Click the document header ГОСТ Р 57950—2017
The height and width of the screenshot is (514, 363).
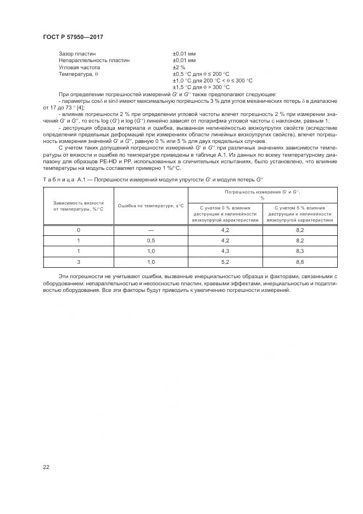click(x=72, y=37)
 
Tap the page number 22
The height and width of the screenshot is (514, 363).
click(x=46, y=467)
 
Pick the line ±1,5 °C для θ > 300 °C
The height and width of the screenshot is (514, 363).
click(x=201, y=87)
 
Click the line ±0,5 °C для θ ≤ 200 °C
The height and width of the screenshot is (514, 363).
click(x=201, y=74)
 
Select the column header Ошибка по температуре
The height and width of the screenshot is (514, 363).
click(x=150, y=206)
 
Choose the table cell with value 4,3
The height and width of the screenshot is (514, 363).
click(x=225, y=251)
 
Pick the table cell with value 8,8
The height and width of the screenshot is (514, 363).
click(x=300, y=261)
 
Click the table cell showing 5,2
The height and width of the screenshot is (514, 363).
click(x=225, y=261)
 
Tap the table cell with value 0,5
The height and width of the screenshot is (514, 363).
click(x=151, y=240)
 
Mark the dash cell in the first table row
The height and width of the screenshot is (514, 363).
click(x=151, y=230)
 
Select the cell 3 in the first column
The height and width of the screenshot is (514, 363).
click(x=79, y=261)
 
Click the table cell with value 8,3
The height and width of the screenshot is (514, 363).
click(x=300, y=251)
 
